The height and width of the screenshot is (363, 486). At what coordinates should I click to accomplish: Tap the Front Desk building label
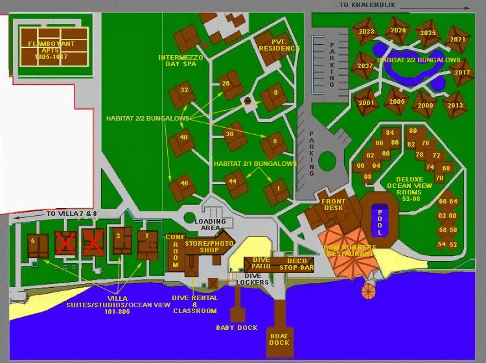point(333,205)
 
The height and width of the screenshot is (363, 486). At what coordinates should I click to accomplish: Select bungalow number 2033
point(366,32)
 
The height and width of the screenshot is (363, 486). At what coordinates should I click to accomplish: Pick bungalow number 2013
point(455,105)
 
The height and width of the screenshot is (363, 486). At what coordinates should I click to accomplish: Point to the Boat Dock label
point(279,339)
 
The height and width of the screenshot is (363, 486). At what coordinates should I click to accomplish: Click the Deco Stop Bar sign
point(295,263)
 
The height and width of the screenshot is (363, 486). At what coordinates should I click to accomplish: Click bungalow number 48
point(183,184)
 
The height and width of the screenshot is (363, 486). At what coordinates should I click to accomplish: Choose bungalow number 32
point(183,91)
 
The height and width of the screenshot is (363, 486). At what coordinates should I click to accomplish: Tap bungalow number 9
point(275,93)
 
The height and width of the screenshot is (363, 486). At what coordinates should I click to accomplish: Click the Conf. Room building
point(175,251)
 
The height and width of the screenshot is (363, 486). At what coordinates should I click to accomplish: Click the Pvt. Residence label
point(279,45)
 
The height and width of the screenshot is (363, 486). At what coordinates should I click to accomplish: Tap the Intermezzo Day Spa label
point(181,61)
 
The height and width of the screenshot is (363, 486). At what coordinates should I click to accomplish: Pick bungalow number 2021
point(457,40)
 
